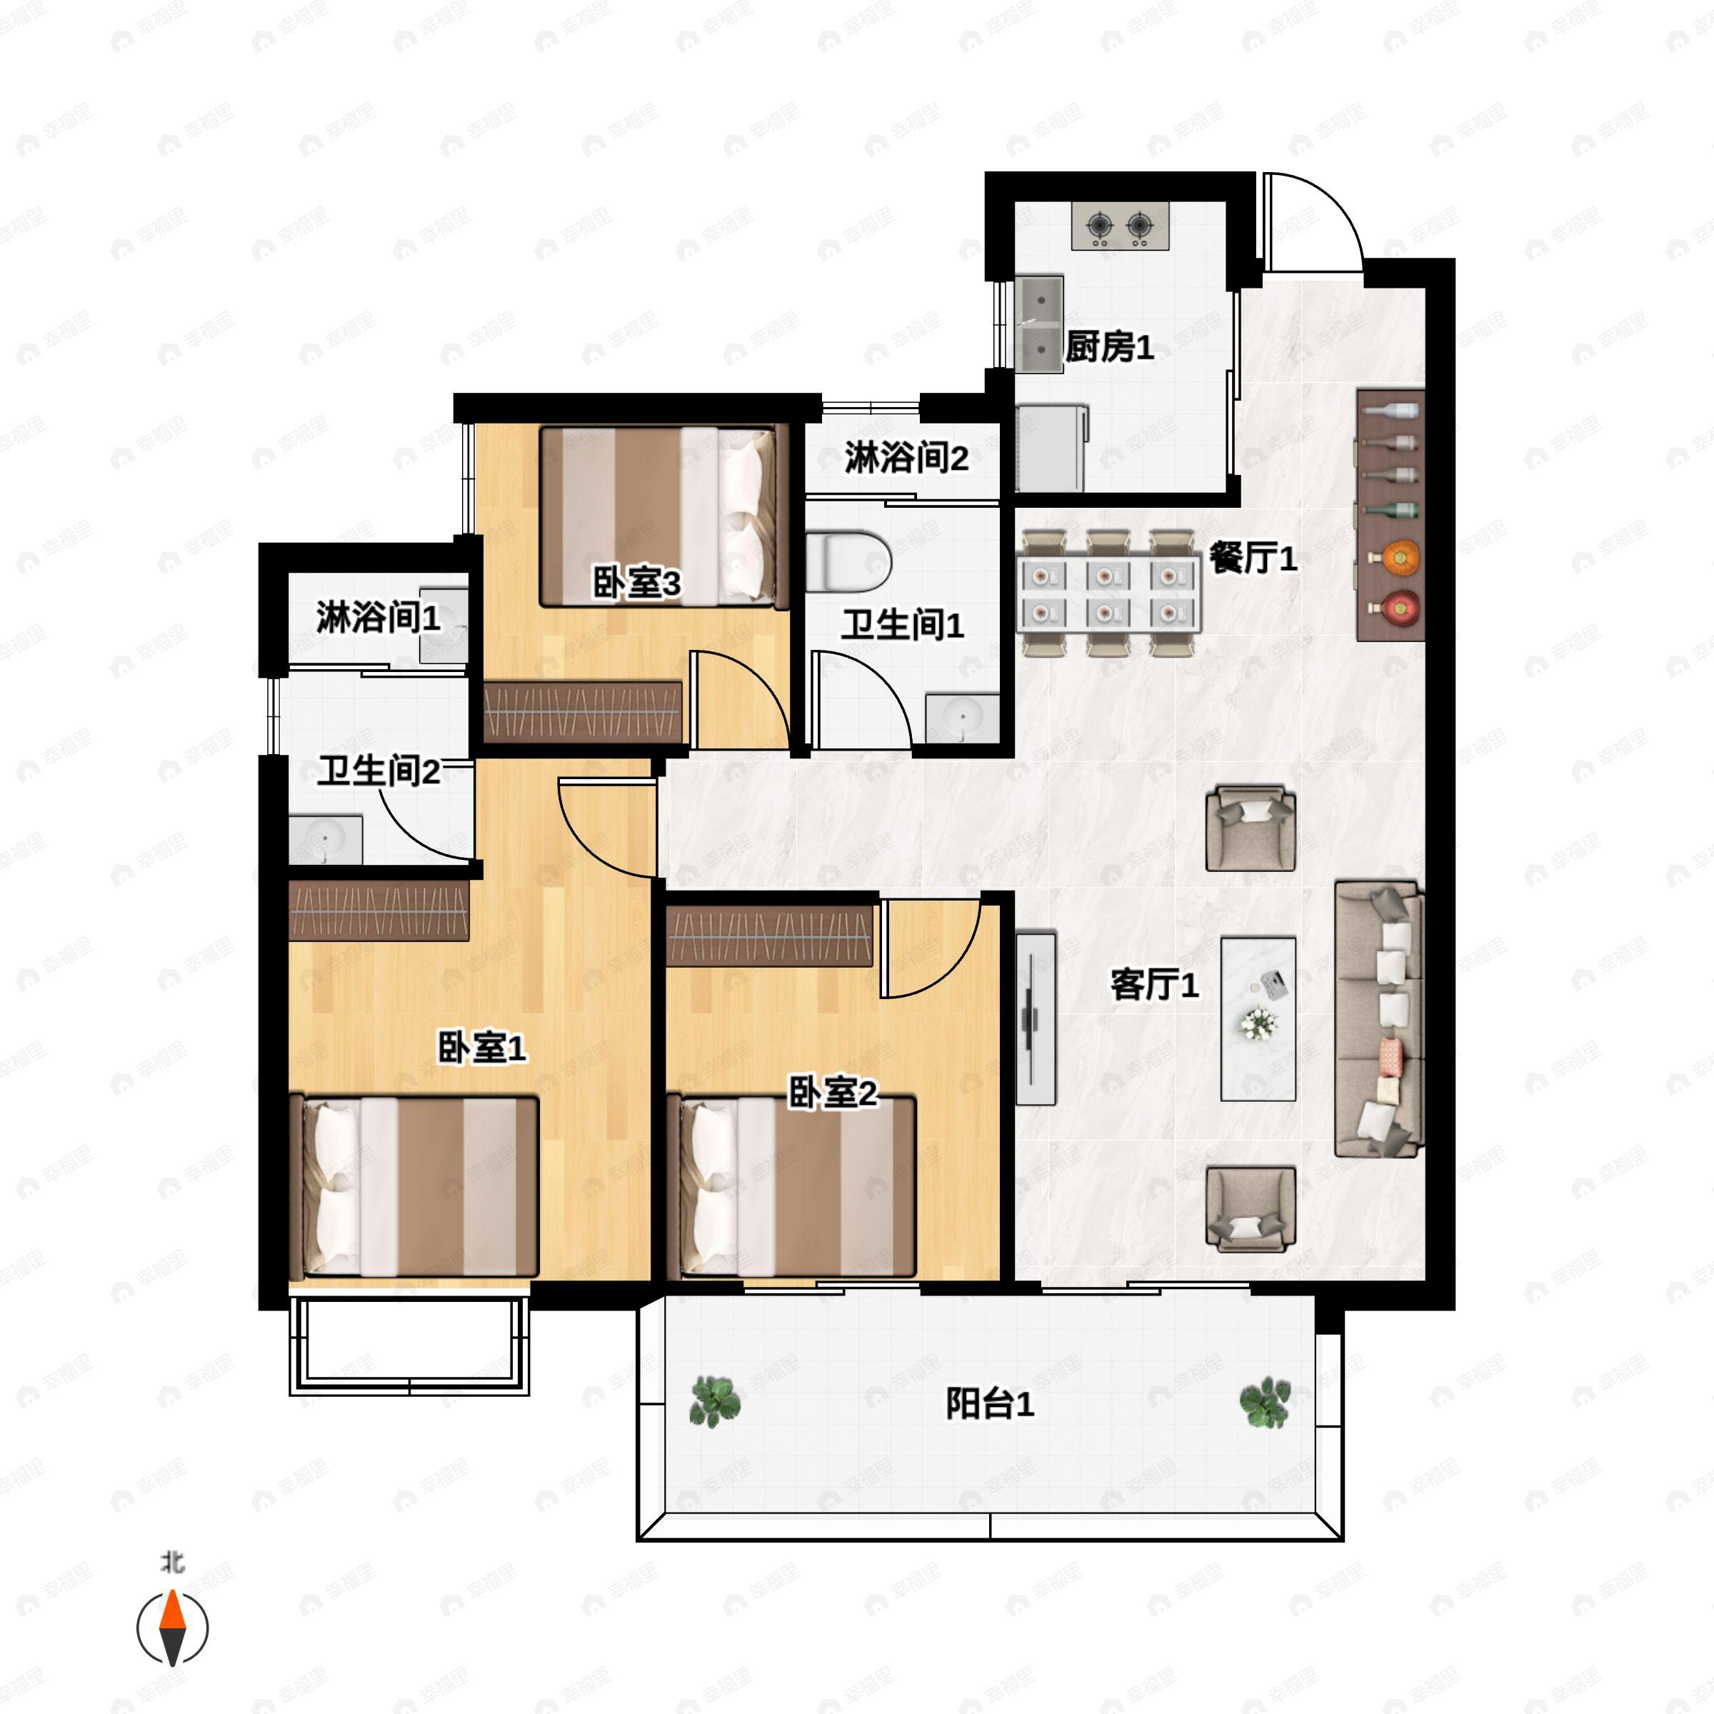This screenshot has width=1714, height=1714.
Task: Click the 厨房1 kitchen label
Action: point(1109,347)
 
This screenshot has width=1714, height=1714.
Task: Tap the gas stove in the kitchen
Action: point(1121,226)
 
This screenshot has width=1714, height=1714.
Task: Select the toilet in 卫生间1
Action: point(849,561)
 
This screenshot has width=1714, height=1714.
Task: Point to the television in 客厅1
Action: point(1036,1018)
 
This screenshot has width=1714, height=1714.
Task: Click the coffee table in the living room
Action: point(1258,1019)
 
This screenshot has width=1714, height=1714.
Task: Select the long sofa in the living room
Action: point(1378,1018)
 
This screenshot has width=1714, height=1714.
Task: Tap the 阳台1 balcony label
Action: point(989,1404)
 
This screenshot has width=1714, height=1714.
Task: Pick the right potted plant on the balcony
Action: point(1264,1402)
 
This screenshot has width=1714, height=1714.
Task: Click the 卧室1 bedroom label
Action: point(482,1048)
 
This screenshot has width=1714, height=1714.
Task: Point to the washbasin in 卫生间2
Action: point(326,839)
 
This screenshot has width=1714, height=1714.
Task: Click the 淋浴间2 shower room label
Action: point(906,458)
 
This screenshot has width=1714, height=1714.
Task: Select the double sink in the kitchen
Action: point(1039,323)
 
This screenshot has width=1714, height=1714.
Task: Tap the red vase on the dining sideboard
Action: point(1399,608)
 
